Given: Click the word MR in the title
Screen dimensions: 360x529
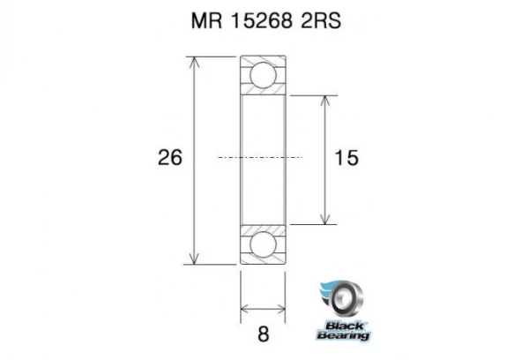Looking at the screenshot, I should [x=205, y=20].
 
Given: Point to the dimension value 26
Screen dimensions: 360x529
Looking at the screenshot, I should [x=169, y=160].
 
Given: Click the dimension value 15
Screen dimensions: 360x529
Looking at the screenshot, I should [x=346, y=159].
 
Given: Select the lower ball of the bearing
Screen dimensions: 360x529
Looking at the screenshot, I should [x=263, y=244].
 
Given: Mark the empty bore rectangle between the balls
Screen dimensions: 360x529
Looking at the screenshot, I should [x=263, y=159].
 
